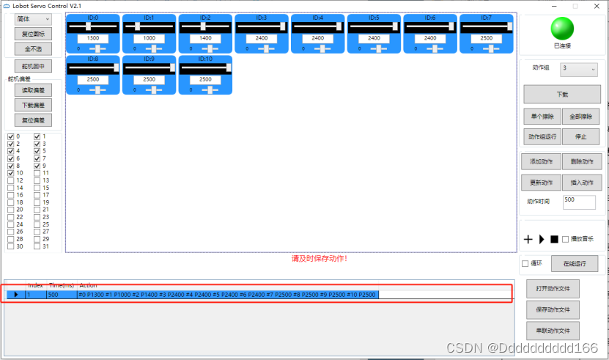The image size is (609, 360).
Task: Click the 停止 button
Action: [581, 136]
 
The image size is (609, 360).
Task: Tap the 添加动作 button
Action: [542, 161]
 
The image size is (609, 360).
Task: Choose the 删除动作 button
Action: [581, 161]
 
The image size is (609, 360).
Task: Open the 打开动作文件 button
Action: [553, 290]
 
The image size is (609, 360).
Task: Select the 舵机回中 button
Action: [33, 66]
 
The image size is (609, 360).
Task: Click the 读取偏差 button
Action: [33, 91]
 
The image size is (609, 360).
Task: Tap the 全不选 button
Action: [33, 48]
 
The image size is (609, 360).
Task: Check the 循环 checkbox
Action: [525, 264]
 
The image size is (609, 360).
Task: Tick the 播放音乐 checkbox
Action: [565, 239]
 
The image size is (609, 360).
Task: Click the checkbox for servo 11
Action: [37, 173]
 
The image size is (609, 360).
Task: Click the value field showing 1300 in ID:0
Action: [93, 38]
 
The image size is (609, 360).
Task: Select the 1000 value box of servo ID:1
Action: [149, 38]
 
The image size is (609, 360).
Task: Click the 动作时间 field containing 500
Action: [579, 200]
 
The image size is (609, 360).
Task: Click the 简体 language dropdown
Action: [33, 19]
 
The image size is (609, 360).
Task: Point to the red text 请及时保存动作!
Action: [319, 258]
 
